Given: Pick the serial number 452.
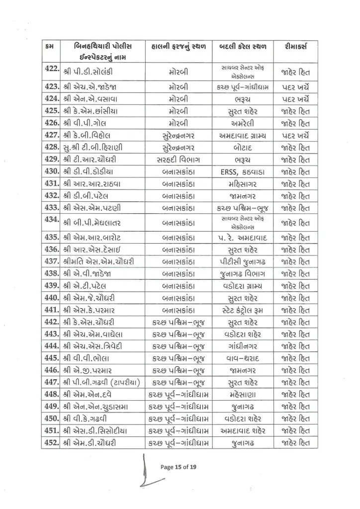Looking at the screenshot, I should [x=51, y=442].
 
